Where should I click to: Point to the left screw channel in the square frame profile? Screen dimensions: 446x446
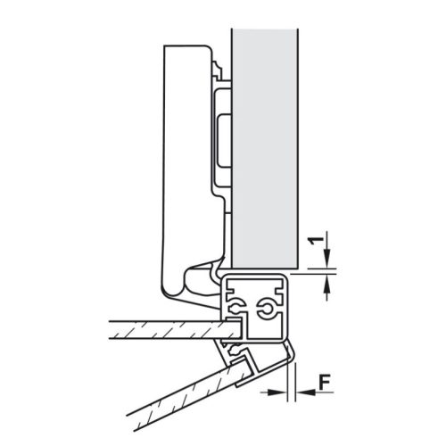point(235,308)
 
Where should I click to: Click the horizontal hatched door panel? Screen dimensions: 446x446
point(161,330)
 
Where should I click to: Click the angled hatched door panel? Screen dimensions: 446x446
point(178,392)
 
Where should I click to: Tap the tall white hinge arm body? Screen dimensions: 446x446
point(183,161)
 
